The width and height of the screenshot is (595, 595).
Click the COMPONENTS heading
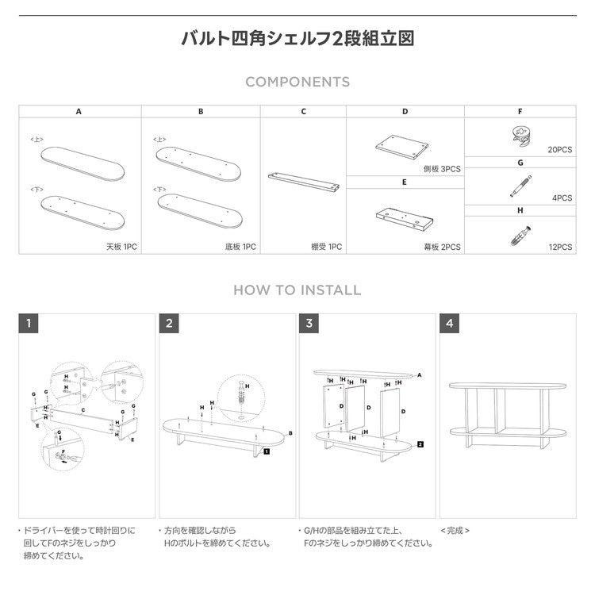click(297, 82)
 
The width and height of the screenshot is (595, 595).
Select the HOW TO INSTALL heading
click(297, 290)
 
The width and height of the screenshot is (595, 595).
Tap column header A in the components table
click(79, 112)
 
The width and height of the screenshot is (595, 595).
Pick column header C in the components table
click(303, 112)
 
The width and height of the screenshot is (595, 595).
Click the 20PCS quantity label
click(559, 149)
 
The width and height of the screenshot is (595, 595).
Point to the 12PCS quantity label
click(559, 247)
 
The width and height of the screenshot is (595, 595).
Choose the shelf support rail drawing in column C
click(304, 180)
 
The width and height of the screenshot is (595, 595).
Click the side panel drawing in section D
click(401, 145)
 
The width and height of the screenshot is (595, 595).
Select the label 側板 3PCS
click(442, 169)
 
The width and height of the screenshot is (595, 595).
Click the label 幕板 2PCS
click(442, 247)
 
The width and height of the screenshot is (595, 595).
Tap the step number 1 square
click(29, 323)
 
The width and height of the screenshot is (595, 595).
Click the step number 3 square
click(309, 323)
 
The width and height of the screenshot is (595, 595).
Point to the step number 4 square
click(449, 323)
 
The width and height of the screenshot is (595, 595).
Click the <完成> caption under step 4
click(455, 530)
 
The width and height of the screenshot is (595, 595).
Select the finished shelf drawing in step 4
click(508, 413)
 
